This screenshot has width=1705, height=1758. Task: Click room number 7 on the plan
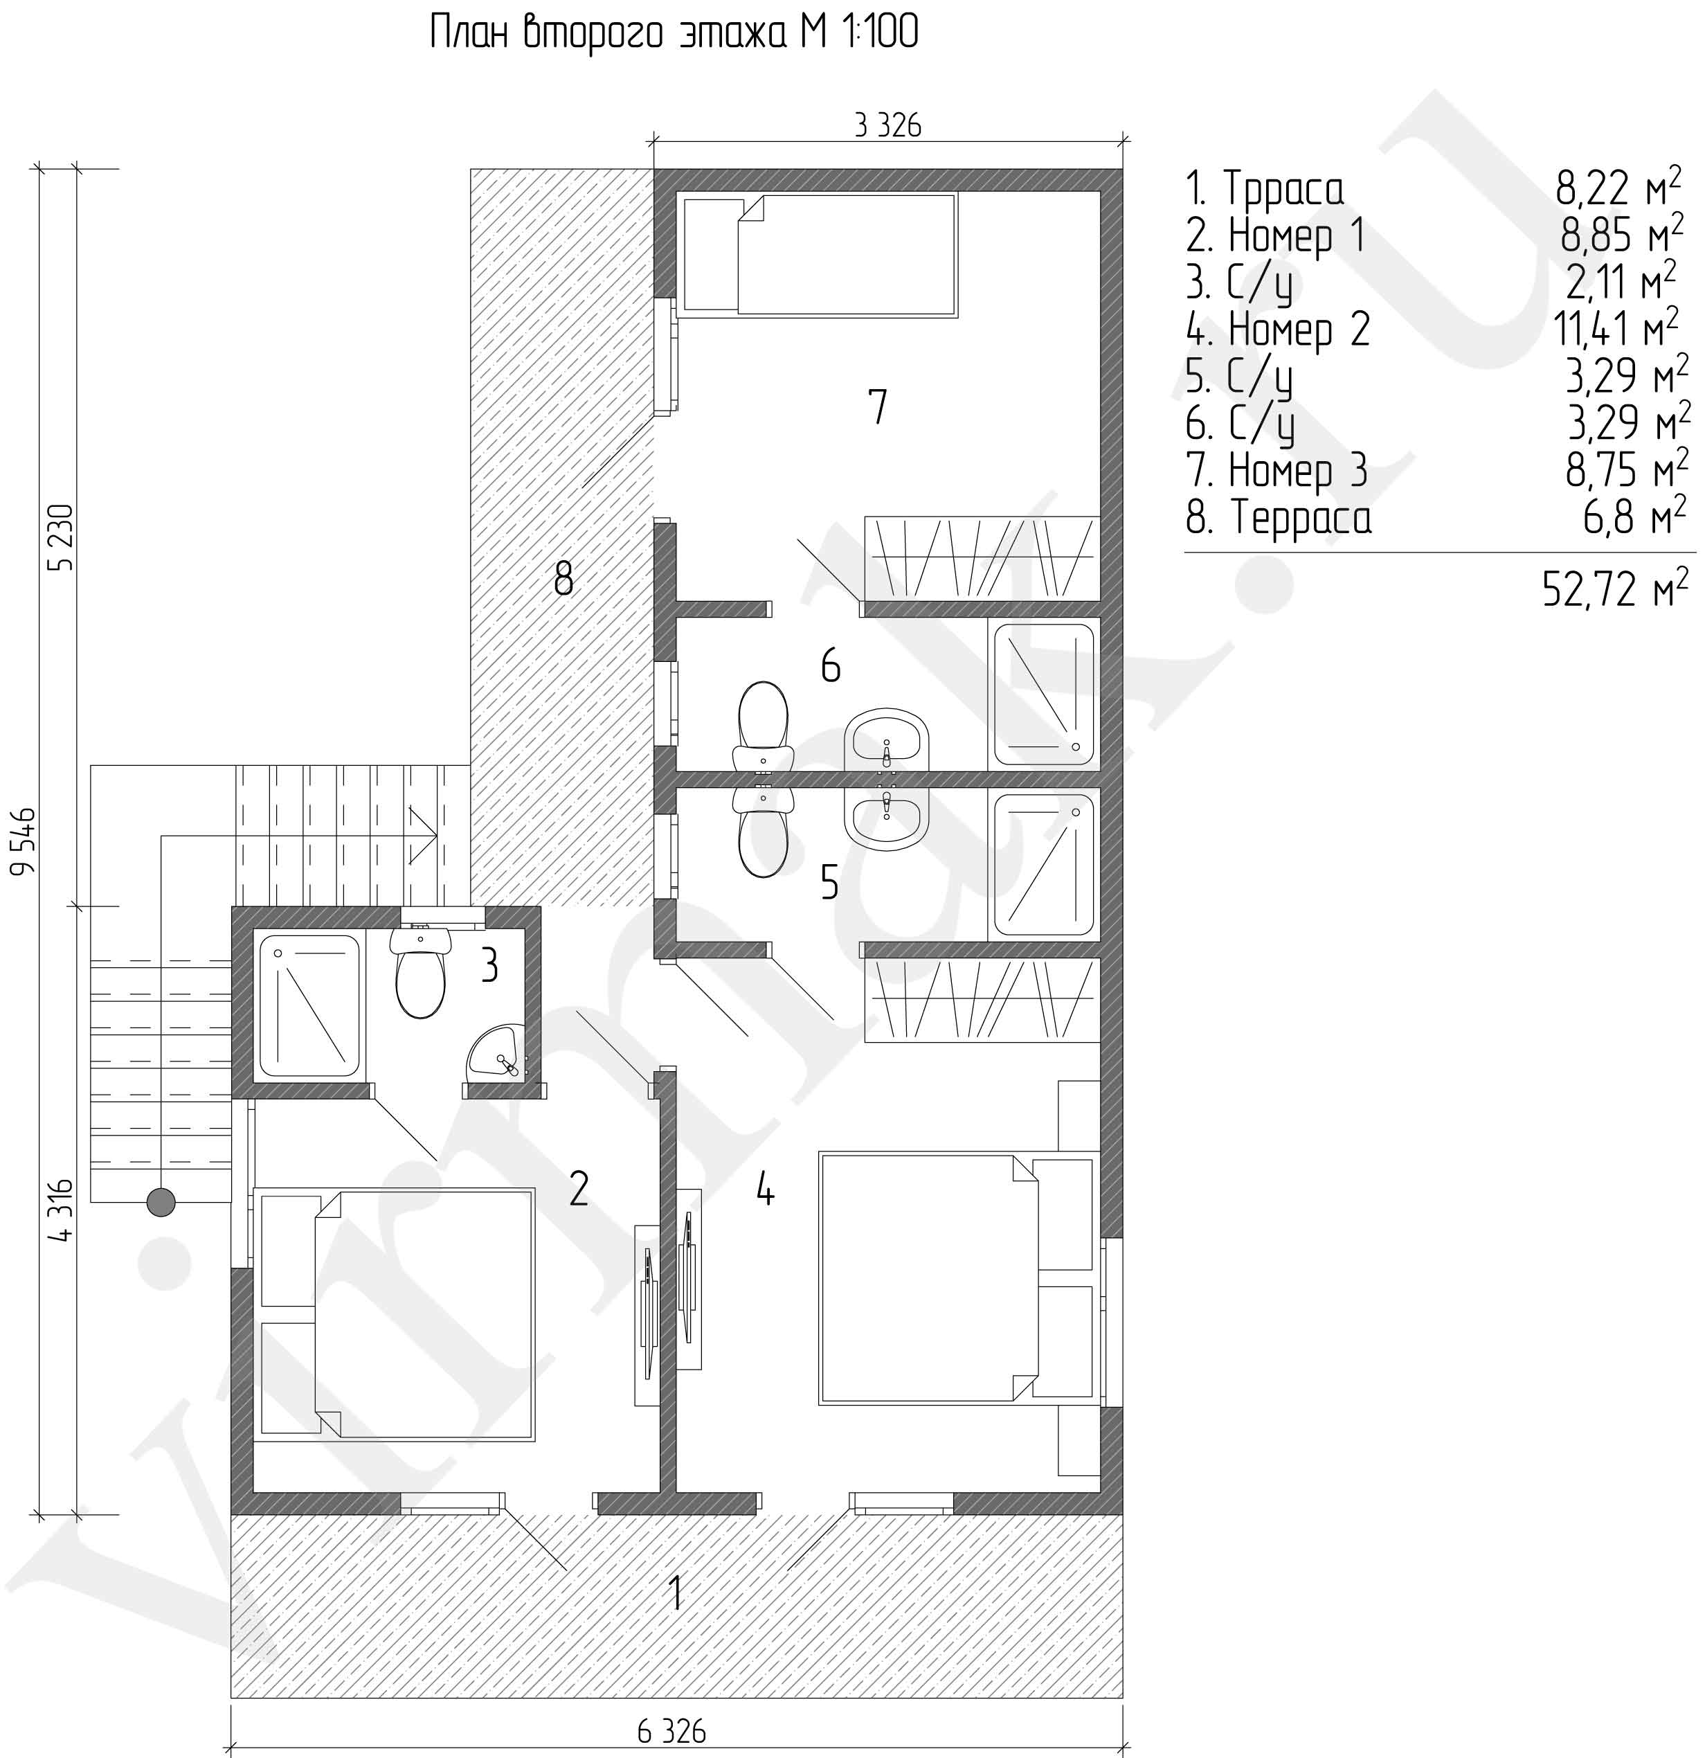(x=877, y=406)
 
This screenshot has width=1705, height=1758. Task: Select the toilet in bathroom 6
(x=762, y=726)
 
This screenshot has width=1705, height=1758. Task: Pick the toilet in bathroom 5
(x=762, y=832)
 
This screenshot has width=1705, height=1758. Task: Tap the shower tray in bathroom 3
(x=309, y=1005)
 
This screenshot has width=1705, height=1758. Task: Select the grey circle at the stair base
(x=161, y=1202)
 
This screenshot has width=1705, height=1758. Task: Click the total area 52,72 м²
(x=1609, y=589)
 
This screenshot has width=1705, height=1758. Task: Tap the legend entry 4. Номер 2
(x=1277, y=329)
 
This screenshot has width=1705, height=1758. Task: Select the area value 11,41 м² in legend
(x=1615, y=329)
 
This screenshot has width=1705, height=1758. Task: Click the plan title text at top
(x=674, y=34)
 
